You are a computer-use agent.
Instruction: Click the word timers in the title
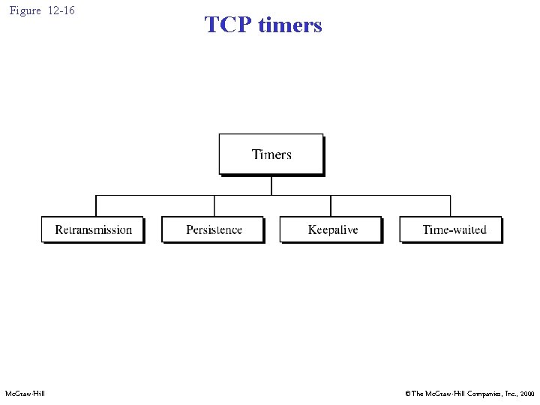click(x=289, y=25)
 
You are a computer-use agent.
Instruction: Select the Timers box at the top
click(x=271, y=154)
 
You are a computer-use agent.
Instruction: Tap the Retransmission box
click(x=93, y=229)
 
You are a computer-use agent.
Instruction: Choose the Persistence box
click(x=214, y=229)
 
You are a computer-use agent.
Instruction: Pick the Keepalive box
click(x=331, y=229)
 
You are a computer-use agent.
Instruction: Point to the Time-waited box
click(x=451, y=229)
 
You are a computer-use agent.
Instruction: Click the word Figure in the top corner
click(x=25, y=10)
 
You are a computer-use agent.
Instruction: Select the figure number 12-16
click(x=61, y=10)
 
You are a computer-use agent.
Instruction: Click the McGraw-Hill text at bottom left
click(x=25, y=393)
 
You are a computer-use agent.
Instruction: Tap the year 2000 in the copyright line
click(x=526, y=393)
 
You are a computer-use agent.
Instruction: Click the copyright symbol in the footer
click(x=407, y=393)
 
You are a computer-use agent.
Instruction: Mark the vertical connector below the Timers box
click(x=271, y=185)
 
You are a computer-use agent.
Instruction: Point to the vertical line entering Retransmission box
click(x=96, y=206)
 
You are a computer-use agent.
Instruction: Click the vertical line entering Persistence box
click(x=214, y=206)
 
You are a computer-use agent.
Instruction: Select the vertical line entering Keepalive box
click(x=331, y=206)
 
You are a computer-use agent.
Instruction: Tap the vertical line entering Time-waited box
click(x=451, y=206)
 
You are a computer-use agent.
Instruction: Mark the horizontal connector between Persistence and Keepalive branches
click(x=272, y=196)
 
